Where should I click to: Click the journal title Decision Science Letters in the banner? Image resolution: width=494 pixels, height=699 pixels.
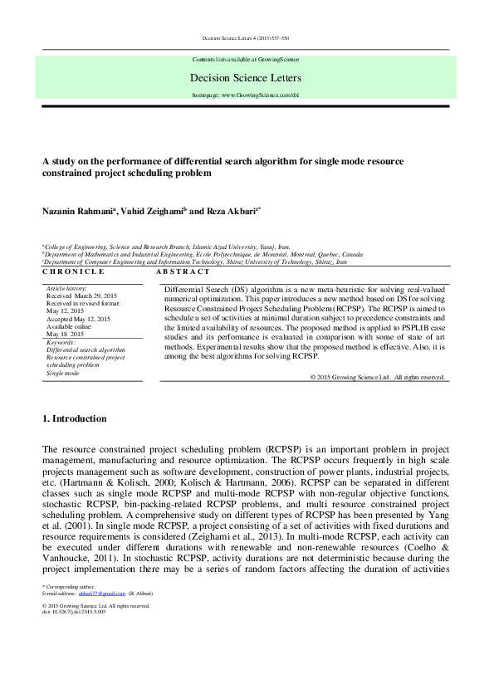tap(247, 78)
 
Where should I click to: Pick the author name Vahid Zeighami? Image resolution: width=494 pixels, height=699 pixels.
tap(155, 212)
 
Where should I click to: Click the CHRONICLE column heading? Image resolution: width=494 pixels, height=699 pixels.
tap(73, 271)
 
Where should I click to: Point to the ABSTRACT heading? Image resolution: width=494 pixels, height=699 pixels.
tap(182, 271)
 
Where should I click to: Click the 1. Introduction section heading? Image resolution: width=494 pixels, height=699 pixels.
tap(74, 418)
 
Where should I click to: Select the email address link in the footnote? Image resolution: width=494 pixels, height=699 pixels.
tap(97, 594)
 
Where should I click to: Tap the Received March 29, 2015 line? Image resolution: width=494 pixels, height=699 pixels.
tap(82, 295)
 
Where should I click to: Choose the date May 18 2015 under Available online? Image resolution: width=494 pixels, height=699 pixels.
tap(66, 334)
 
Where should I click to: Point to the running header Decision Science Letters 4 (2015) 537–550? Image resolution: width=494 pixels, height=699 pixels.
tap(246, 38)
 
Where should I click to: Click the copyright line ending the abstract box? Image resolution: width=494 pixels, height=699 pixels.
tap(378, 377)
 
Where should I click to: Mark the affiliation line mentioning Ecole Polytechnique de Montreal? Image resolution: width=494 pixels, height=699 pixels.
tap(203, 254)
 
